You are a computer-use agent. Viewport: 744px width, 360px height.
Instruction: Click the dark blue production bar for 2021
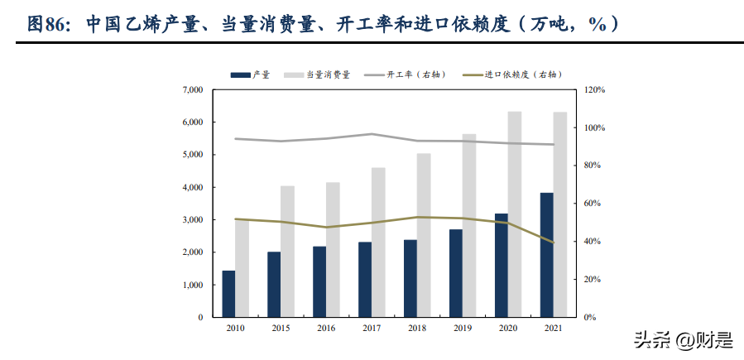pos(546,255)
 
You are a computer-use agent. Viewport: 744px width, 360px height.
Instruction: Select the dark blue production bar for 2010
pos(228,294)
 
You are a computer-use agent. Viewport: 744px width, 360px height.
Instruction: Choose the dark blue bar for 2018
pos(410,278)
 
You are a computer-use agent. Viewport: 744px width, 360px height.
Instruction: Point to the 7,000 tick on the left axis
pos(191,89)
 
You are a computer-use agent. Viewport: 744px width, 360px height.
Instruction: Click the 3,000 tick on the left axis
pos(191,220)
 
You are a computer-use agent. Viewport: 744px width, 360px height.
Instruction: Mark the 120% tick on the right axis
pos(594,89)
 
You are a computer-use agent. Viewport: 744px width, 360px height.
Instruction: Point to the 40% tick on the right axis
pos(593,242)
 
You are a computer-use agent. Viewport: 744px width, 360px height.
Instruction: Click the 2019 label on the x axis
pos(462,329)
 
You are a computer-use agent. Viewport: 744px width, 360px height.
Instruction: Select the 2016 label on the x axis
pos(326,329)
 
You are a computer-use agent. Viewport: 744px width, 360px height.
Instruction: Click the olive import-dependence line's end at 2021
pos(553,242)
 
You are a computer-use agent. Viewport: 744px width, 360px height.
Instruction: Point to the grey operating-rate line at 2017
pos(372,134)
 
